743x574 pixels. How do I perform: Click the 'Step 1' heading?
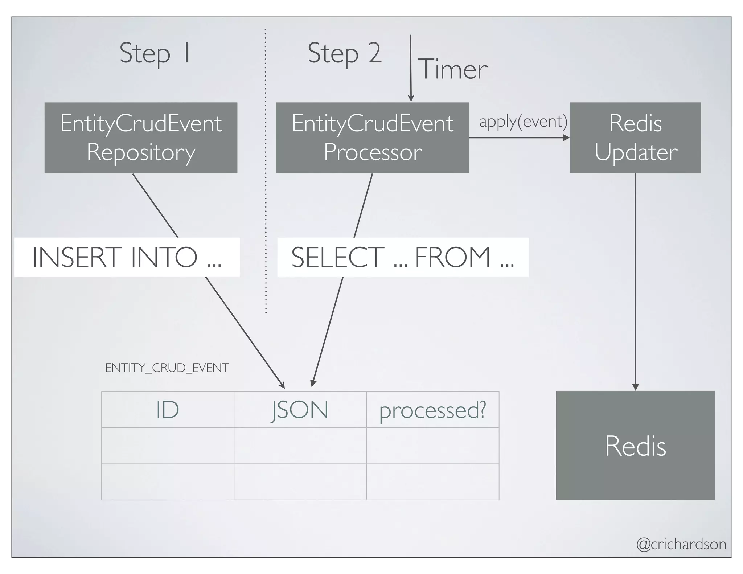tap(154, 53)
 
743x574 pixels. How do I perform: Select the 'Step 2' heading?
tap(344, 53)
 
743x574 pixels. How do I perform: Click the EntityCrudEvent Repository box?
tap(141, 138)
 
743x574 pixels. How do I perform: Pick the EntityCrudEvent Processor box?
tap(372, 138)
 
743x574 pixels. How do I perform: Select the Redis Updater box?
tap(635, 138)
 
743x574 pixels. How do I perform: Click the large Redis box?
tap(635, 445)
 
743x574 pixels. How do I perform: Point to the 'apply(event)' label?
tap(523, 122)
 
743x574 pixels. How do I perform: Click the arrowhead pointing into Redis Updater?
tap(566, 138)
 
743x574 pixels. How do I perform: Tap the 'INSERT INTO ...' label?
tap(127, 257)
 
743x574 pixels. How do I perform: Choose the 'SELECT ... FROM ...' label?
tap(403, 257)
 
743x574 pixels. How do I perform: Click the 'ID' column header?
tap(168, 410)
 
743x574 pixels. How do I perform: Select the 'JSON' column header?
tap(300, 410)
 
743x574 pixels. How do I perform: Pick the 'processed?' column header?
tap(432, 410)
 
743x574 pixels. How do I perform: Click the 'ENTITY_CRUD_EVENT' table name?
tap(167, 368)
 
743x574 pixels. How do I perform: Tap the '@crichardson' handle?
tap(681, 544)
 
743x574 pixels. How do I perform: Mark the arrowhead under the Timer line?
tap(411, 98)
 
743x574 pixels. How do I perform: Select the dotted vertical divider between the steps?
tap(266, 171)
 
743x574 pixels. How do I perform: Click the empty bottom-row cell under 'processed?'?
tap(432, 481)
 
